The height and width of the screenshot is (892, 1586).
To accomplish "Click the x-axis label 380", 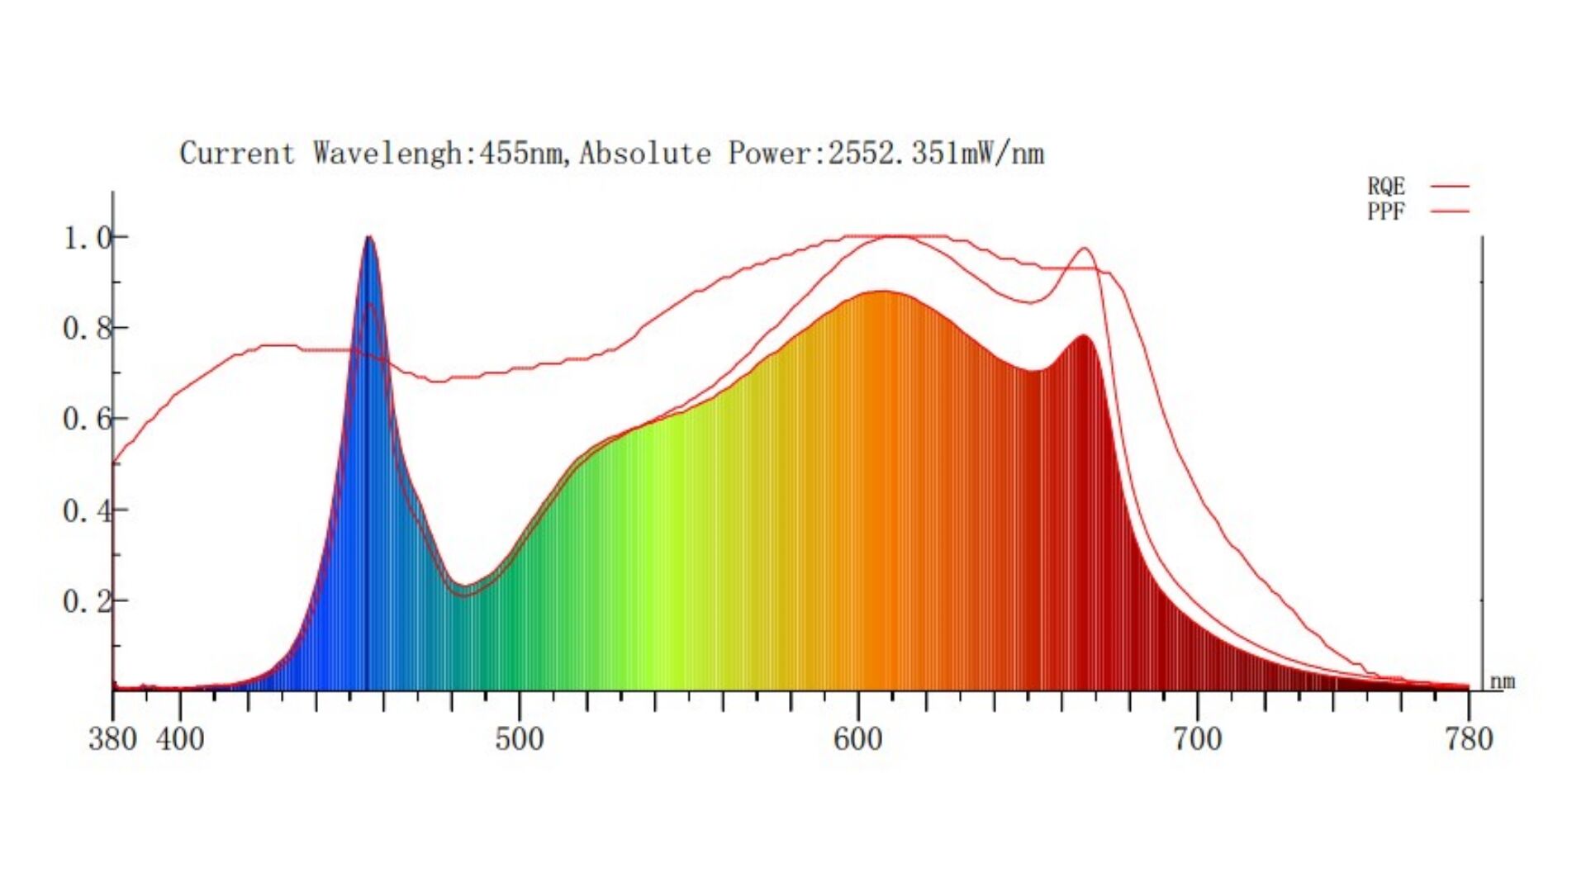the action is (112, 738).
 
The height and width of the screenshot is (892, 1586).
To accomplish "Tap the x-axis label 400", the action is (180, 738).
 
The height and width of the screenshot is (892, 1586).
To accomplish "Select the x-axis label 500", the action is (520, 738).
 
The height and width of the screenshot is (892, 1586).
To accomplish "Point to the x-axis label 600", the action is (858, 738).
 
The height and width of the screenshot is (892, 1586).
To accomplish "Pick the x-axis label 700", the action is (1198, 738).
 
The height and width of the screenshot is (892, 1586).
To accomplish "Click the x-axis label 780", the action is (1469, 738).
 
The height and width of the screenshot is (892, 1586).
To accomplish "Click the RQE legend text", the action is (1385, 187).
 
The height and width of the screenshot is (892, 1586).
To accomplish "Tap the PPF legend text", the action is (1385, 211).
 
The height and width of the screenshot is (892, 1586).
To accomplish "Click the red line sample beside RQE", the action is (1450, 187).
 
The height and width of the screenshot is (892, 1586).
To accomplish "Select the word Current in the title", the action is (237, 154).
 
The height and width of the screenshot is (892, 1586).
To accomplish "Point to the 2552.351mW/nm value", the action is (936, 154).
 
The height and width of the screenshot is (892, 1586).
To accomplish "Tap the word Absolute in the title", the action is (644, 154).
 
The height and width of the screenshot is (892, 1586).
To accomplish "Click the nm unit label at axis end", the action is (1503, 682).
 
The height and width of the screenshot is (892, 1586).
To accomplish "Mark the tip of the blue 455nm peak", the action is (369, 238).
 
